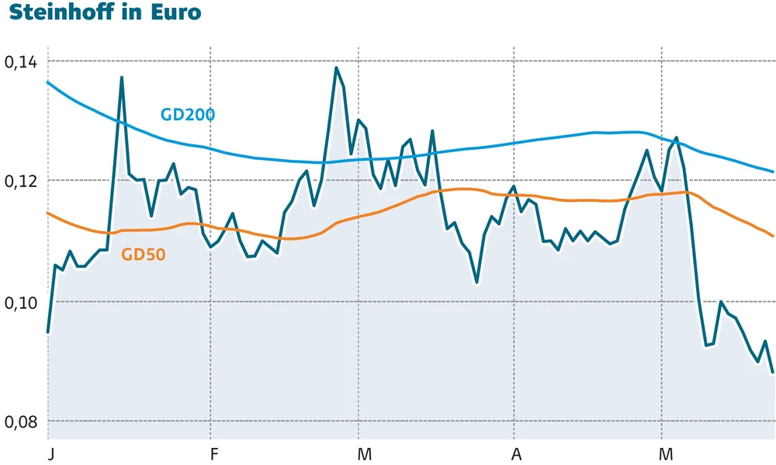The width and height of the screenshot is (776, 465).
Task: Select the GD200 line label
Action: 187,115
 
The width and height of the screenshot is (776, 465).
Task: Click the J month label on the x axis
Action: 49,452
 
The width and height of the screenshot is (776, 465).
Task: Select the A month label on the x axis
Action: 514,452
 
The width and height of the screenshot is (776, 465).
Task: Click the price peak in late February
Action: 336,68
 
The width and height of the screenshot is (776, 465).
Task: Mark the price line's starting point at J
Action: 48,331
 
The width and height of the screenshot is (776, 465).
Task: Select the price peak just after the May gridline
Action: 677,137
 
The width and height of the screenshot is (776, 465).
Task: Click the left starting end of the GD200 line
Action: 48,82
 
